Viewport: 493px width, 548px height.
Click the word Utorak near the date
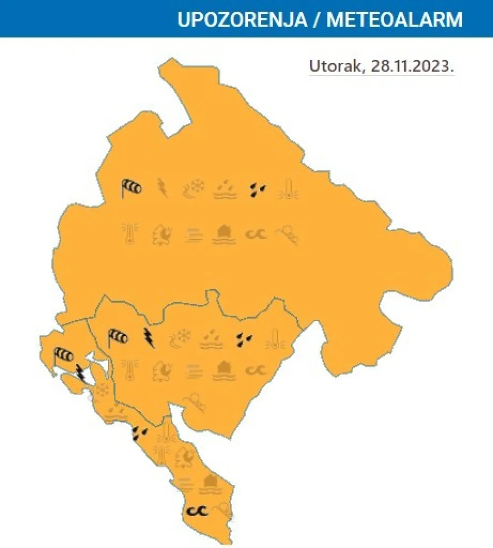click(x=335, y=66)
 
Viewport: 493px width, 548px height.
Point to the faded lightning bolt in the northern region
click(x=162, y=187)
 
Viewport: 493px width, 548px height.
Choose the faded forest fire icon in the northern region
click(x=162, y=233)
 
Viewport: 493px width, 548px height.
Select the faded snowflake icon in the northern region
click(x=193, y=188)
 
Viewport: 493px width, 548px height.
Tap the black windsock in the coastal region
click(x=63, y=355)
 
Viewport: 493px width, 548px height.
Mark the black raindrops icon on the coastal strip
click(x=140, y=433)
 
